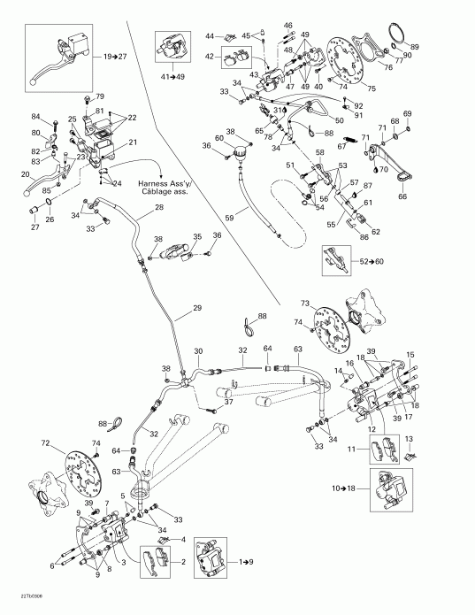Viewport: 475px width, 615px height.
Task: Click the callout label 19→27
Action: (115, 56)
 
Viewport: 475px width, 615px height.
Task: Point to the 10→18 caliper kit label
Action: (342, 487)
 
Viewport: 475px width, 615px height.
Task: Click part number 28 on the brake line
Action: (159, 208)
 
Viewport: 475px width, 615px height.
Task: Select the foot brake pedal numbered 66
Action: (404, 197)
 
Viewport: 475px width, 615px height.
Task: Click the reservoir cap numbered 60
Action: (218, 139)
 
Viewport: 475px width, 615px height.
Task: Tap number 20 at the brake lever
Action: (25, 175)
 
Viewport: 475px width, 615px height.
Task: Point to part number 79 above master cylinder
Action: (100, 96)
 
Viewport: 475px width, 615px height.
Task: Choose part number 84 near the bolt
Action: (35, 117)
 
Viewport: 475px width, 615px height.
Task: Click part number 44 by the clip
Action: (209, 35)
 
